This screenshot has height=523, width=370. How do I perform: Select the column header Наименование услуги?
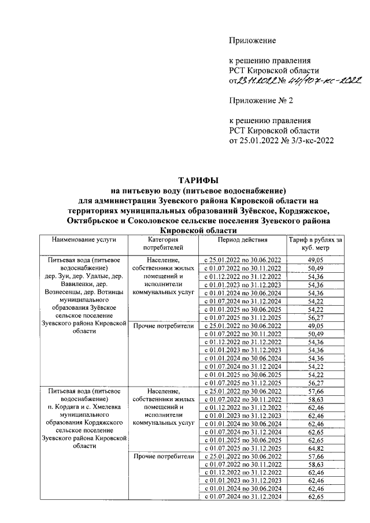[x=84, y=239]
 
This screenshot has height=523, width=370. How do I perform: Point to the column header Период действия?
[x=242, y=239]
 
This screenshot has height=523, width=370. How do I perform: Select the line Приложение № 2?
[x=261, y=101]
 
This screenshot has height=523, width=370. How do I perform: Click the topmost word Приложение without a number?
[x=253, y=40]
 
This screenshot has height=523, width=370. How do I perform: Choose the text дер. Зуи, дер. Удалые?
[x=84, y=276]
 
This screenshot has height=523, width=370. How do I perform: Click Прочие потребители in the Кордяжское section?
[x=164, y=457]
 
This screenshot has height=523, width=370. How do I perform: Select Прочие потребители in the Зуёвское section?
[x=164, y=326]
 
